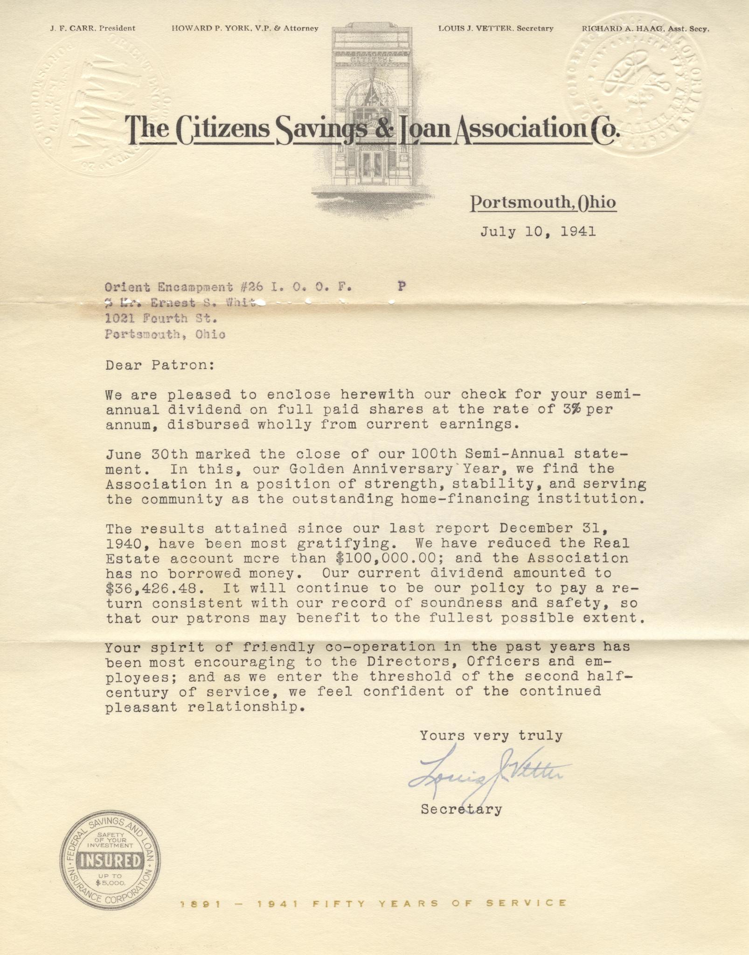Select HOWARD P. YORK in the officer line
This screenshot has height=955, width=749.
205,28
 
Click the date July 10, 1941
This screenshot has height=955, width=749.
538,231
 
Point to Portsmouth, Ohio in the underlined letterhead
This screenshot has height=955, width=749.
543,202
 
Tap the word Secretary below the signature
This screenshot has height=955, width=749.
461,809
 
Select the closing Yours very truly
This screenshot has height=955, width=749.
491,735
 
